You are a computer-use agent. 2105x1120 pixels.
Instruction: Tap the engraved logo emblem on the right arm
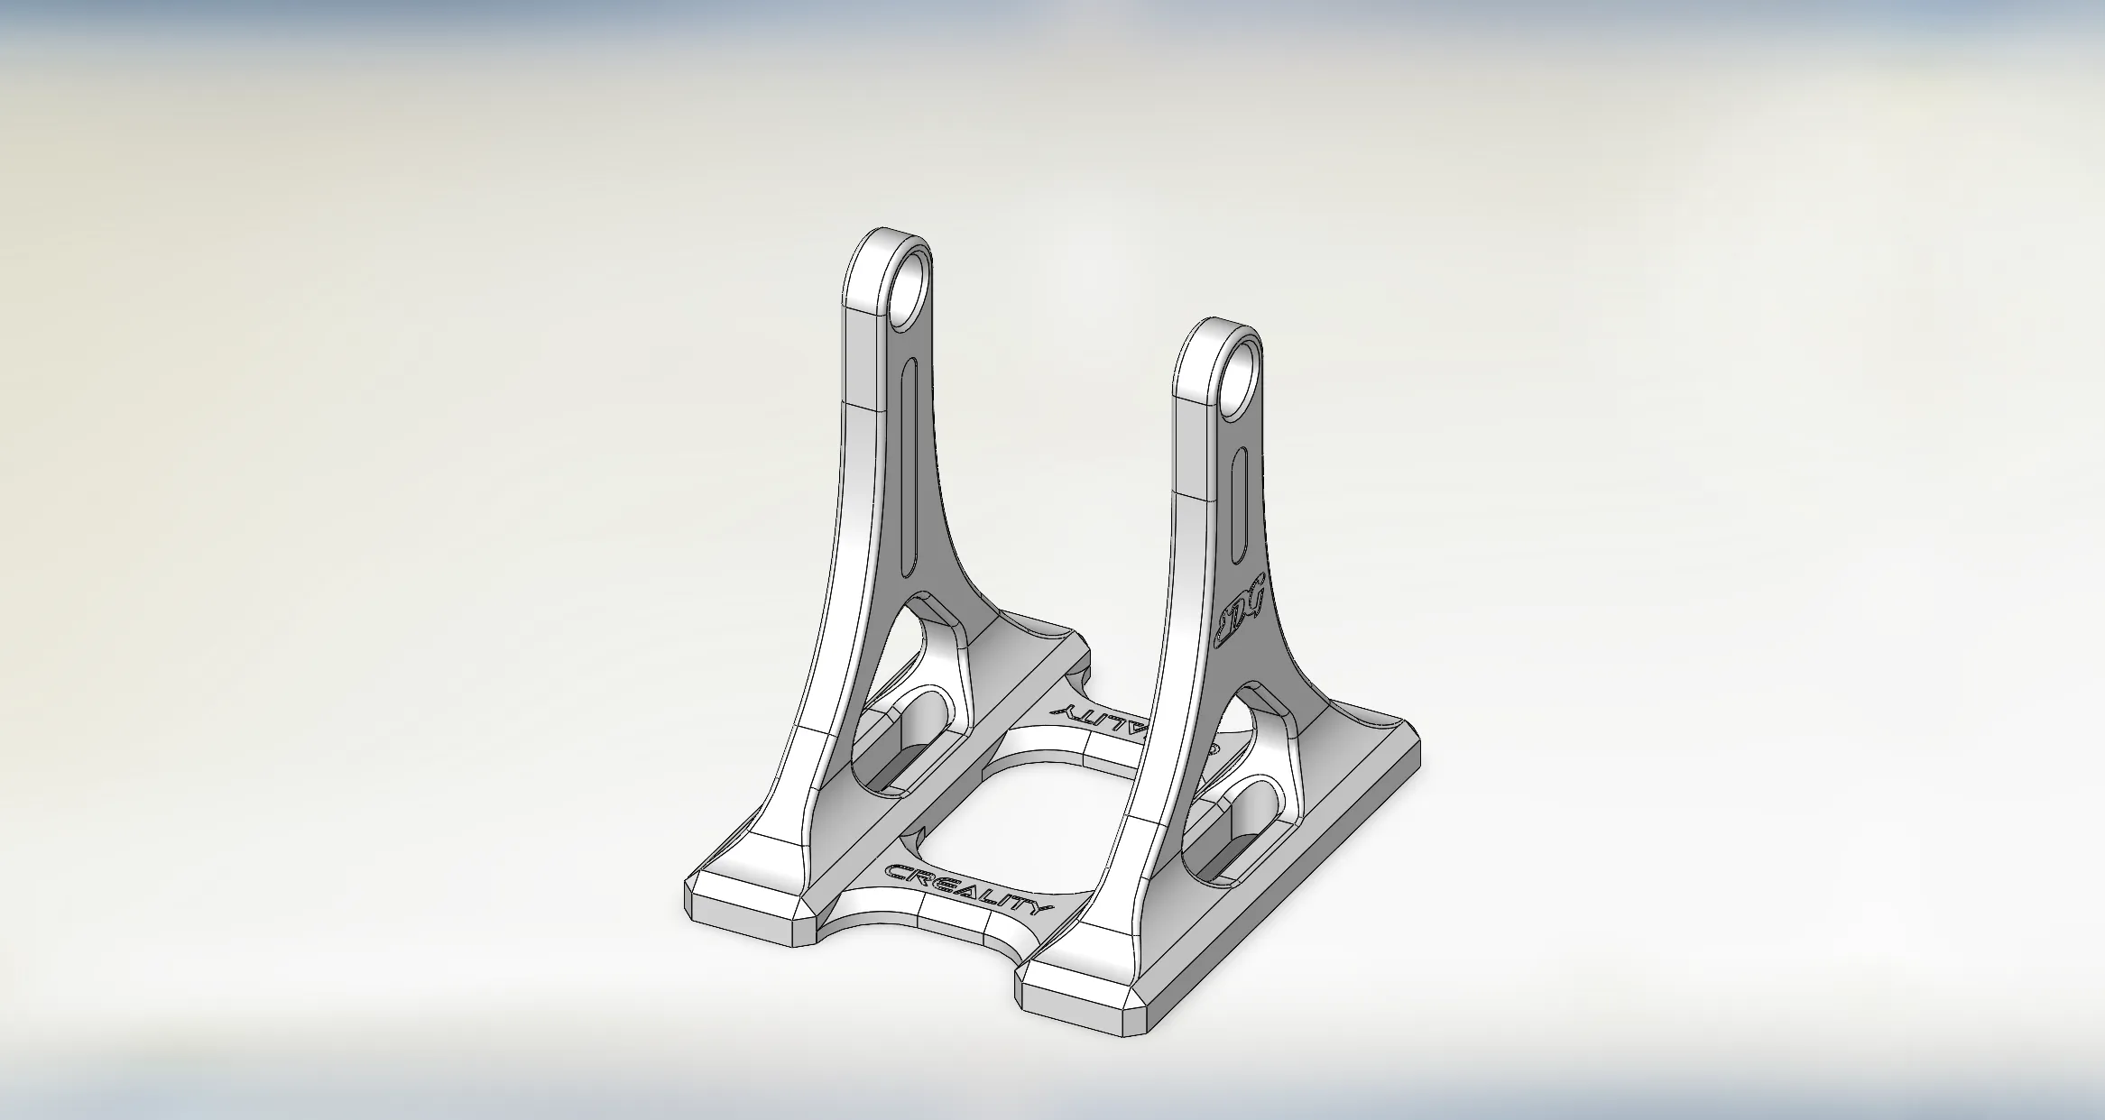1242,612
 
